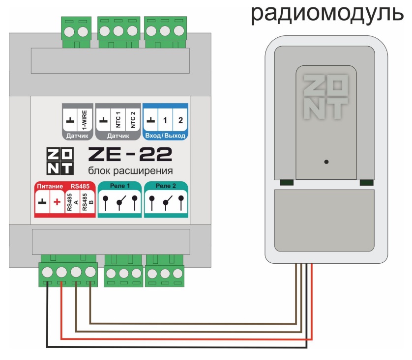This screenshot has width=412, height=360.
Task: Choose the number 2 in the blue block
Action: [180, 120]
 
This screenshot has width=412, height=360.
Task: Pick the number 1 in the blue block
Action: [166, 120]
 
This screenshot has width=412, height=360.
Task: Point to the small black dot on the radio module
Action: [326, 162]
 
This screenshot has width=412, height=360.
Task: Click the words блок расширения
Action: [130, 171]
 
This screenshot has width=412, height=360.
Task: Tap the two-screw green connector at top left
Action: [75, 31]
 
